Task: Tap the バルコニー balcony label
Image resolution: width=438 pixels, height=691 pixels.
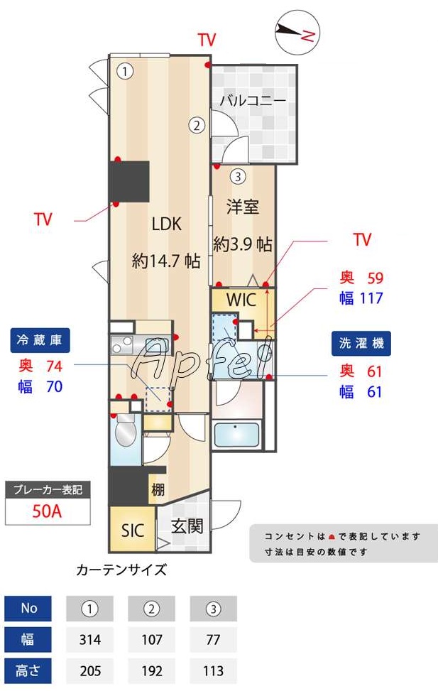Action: (x=252, y=100)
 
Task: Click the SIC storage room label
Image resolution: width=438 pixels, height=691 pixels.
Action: (x=133, y=530)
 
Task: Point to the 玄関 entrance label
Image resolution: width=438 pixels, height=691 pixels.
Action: (x=187, y=526)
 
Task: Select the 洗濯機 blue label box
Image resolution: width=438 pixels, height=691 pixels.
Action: (x=361, y=343)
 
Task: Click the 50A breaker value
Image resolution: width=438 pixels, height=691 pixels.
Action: (x=48, y=511)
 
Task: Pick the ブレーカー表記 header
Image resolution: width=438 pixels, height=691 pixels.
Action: (x=48, y=490)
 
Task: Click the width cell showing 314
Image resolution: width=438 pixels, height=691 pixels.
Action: (x=89, y=639)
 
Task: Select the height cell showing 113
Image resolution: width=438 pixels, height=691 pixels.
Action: (x=213, y=670)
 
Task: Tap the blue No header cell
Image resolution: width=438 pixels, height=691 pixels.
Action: (x=29, y=609)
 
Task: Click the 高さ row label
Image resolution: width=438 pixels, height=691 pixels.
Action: (x=29, y=670)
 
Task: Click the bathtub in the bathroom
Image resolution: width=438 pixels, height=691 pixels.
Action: (x=237, y=435)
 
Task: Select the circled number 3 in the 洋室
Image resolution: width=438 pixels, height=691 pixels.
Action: (x=238, y=177)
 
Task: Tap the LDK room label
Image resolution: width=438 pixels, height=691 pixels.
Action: (x=167, y=224)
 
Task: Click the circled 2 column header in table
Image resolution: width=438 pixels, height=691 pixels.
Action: (x=151, y=609)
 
